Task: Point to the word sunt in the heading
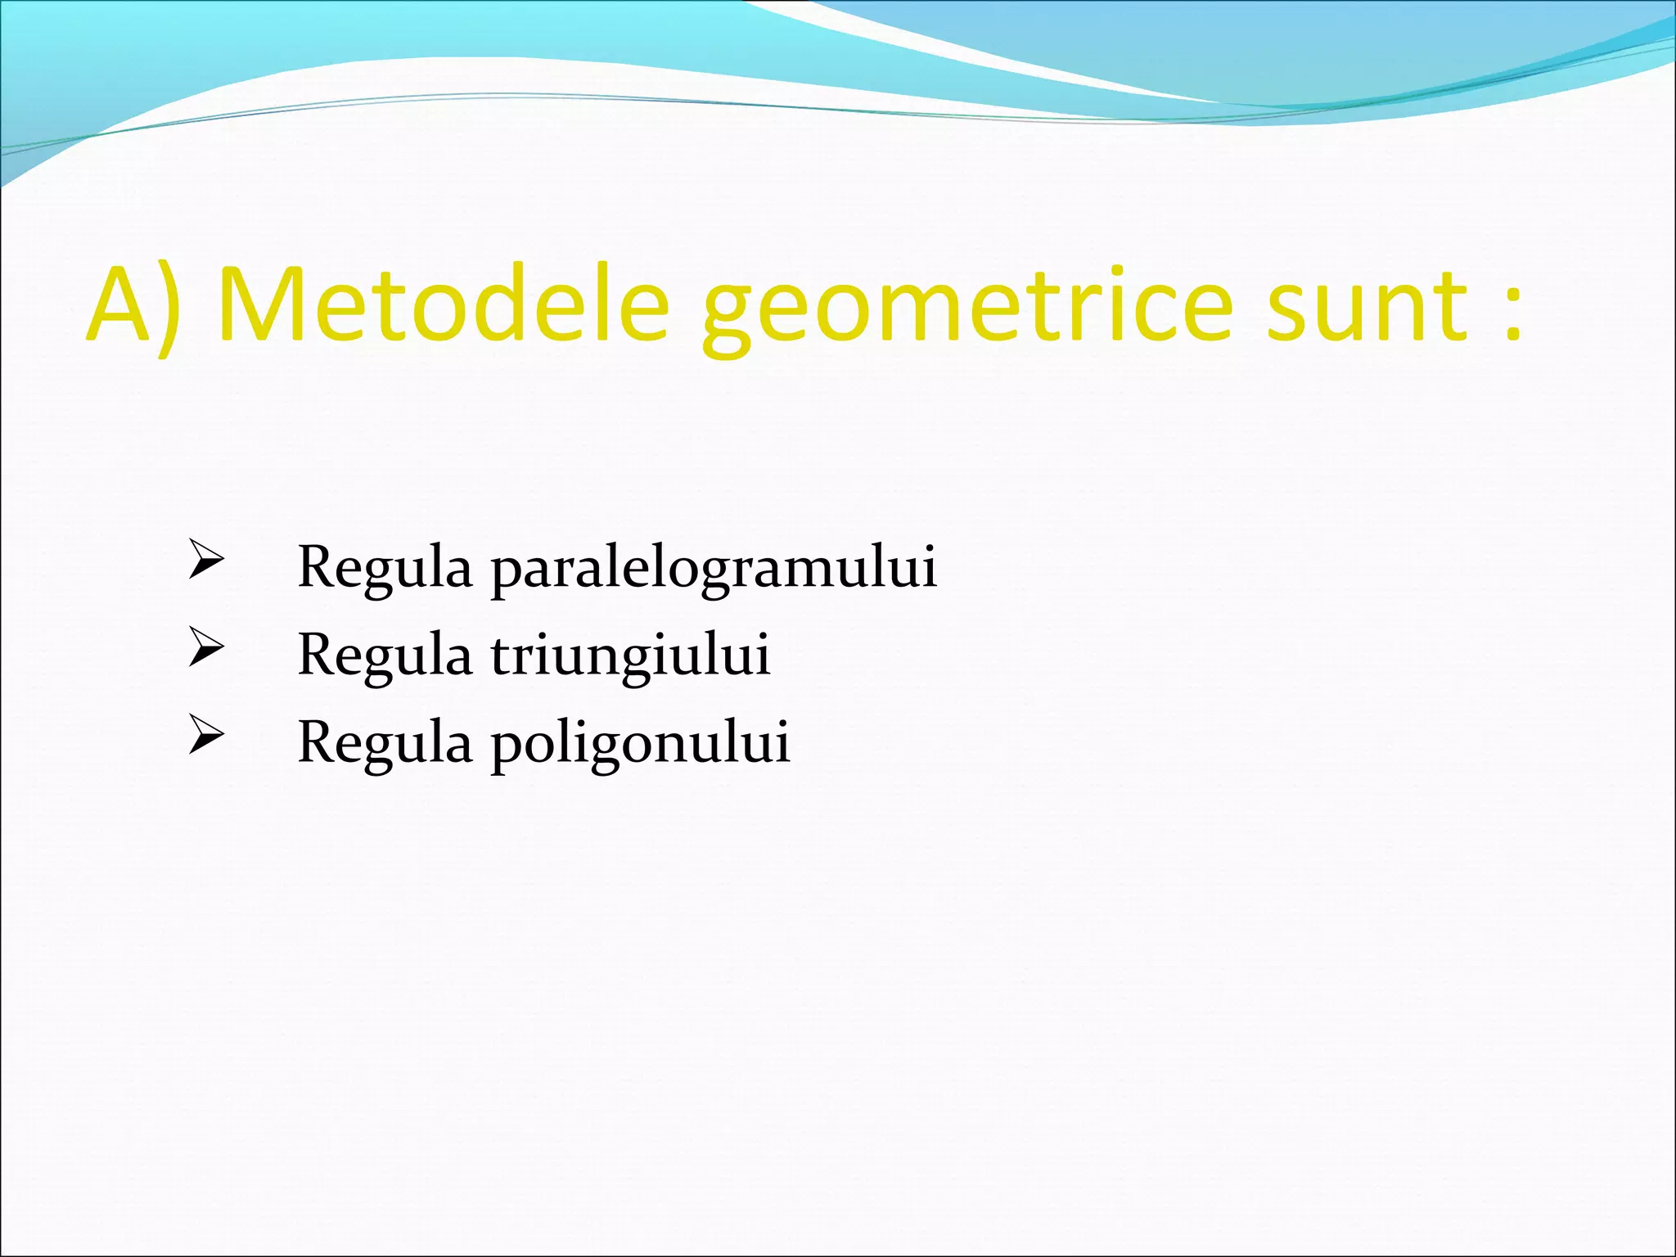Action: point(1367,306)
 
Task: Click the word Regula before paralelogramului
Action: point(385,568)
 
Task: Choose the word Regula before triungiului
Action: point(385,656)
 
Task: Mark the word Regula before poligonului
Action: point(385,743)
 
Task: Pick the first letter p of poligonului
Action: point(505,748)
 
